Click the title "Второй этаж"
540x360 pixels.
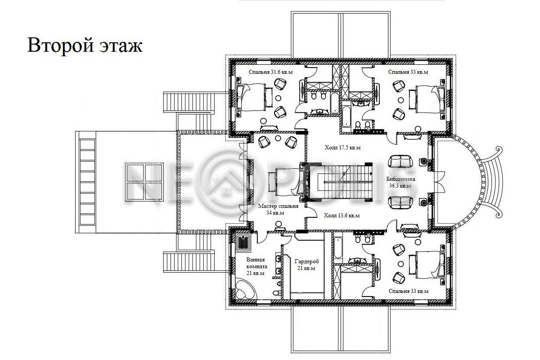pos(85,45)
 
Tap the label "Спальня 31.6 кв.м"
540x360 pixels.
pos(270,72)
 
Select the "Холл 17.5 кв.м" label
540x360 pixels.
pos(342,148)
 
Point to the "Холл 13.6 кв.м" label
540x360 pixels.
pos(342,216)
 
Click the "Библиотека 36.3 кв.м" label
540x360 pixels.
pos(400,183)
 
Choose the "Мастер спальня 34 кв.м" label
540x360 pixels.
pos(278,210)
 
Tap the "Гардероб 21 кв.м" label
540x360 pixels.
pos(306,265)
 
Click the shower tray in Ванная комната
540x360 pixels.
pos(243,243)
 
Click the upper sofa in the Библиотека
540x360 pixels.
pos(400,162)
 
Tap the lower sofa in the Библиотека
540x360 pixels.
pos(400,202)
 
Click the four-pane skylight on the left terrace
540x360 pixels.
pos(144,182)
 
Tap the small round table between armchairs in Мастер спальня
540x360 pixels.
pos(278,138)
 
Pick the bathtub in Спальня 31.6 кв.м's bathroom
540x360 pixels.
pos(334,103)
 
